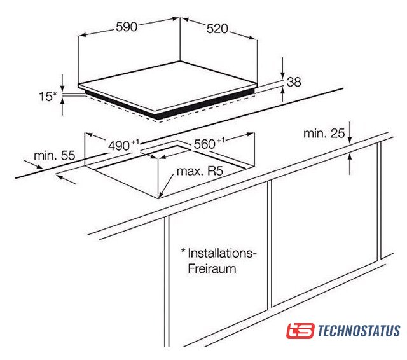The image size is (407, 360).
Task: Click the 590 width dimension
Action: pos(127,27)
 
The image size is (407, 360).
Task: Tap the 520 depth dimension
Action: pos(217,29)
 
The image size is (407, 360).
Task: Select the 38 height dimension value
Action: pos(294,82)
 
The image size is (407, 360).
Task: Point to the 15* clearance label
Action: pos(48,97)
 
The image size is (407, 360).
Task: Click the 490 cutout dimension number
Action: pos(119,146)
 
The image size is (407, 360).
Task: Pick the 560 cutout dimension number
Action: pos(205,144)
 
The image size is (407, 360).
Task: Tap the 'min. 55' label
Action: pos(55,156)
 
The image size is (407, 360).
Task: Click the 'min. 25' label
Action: pos(324,134)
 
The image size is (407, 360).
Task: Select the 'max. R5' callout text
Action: pos(200,171)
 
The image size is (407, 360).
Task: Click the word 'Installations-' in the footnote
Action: pos(222,253)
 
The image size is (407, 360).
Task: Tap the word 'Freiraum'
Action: pos(212,268)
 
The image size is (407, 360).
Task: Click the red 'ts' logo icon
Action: pos(300,331)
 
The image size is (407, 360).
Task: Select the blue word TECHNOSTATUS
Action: pos(359,331)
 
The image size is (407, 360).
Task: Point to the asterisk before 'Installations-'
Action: pos(183,251)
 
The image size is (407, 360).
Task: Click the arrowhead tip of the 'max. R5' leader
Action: pos(159,198)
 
